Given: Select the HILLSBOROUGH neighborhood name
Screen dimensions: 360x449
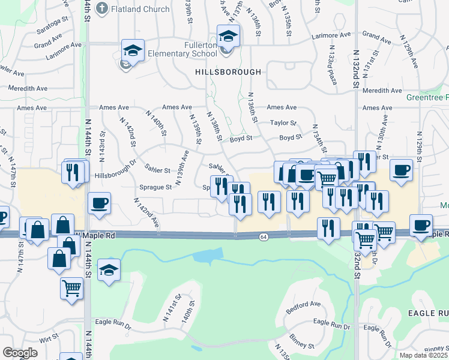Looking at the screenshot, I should tap(228, 72).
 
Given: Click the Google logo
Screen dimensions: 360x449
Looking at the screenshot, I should tap(20, 353).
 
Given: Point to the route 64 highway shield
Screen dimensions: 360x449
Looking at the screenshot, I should tap(264, 238).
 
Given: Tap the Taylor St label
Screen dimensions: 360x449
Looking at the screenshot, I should tap(283, 122).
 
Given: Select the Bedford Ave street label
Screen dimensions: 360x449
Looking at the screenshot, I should tap(307, 304).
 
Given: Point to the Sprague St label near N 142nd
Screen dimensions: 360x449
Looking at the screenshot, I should tap(156, 187).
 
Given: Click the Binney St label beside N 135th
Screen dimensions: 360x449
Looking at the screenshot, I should tap(303, 346).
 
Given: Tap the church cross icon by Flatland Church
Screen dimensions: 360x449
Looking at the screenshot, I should tap(102, 9).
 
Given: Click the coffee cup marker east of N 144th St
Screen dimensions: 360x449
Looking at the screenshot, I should tap(98, 202).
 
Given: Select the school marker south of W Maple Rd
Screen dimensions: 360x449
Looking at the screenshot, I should tap(109, 269).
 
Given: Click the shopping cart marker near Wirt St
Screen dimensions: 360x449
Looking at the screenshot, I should tap(71, 288).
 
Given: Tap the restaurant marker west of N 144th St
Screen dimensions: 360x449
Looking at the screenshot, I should tap(71, 173).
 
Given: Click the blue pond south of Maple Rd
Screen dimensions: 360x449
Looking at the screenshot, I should tap(205, 256).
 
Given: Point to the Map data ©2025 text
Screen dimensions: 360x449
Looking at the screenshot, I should tap(424, 355).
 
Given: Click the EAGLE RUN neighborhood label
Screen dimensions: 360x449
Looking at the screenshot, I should tap(429, 313).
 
